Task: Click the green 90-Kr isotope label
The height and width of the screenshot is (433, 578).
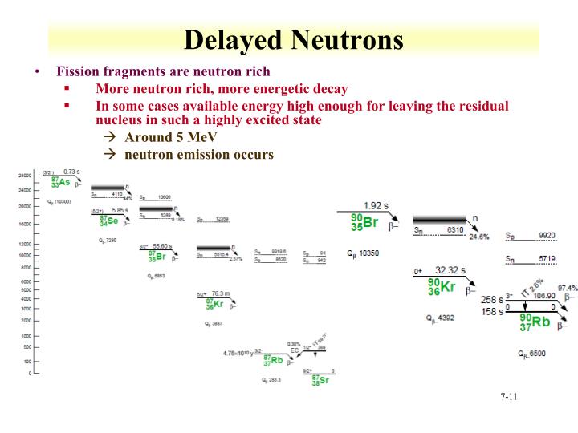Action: point(441,287)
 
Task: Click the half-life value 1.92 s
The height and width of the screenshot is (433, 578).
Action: point(376,206)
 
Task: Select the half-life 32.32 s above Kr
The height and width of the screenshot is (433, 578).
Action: point(451,270)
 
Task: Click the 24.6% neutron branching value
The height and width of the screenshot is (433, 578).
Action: point(479,237)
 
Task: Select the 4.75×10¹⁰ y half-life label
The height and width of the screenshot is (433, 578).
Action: point(239,353)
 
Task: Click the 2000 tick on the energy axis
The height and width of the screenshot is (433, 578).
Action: point(26,320)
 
